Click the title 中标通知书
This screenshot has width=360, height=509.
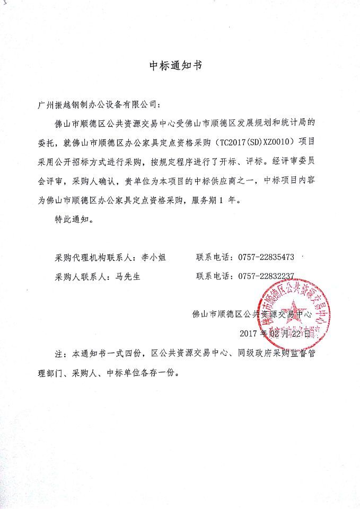tap(175, 66)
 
